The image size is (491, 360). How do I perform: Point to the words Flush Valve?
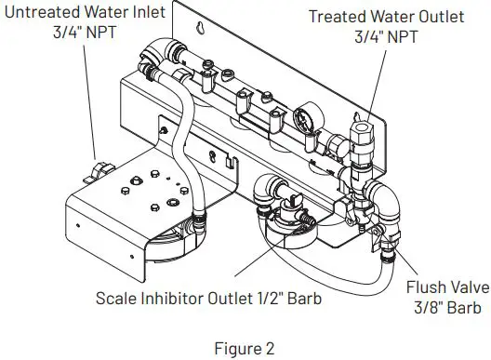coord(437,288)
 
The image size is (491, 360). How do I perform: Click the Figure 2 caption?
coord(245,349)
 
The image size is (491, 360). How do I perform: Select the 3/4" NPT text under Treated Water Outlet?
coord(389,37)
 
